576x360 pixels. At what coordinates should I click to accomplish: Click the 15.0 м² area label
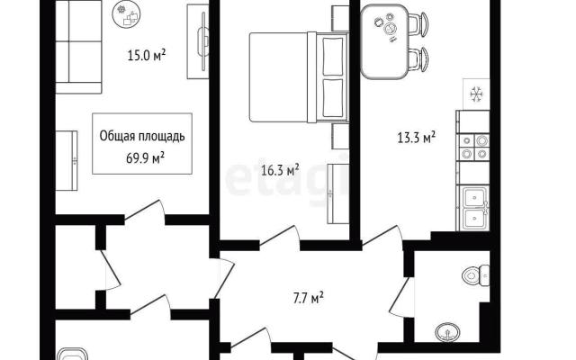coord(146,56)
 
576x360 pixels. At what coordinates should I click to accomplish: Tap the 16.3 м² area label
coord(280,170)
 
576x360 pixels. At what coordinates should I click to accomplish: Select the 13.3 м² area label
coord(417,138)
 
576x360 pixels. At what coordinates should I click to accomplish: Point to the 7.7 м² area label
coord(308,298)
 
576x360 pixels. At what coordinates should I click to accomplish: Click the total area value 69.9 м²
coord(145,158)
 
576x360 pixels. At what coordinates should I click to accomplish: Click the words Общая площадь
coord(142,136)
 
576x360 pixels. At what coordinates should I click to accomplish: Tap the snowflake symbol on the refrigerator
coord(476,94)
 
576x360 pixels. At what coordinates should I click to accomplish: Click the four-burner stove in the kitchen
coord(474,147)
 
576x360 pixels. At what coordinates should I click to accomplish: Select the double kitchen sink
coord(474,208)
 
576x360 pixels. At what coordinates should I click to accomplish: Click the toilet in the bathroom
coord(476,275)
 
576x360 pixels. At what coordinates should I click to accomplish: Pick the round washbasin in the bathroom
coord(447,332)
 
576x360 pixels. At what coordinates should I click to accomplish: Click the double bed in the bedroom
coord(299,77)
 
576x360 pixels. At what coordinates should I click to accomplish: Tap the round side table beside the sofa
coord(127,14)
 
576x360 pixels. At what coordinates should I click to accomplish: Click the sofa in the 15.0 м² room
coord(78,47)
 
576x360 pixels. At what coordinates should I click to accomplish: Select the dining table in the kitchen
coord(384,41)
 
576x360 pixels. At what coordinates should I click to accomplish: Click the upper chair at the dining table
coord(418,24)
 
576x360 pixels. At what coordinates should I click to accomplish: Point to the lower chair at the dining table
coord(418,60)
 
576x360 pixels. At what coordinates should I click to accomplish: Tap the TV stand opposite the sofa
coord(198,41)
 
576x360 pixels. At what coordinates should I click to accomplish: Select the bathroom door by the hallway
coord(400,297)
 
